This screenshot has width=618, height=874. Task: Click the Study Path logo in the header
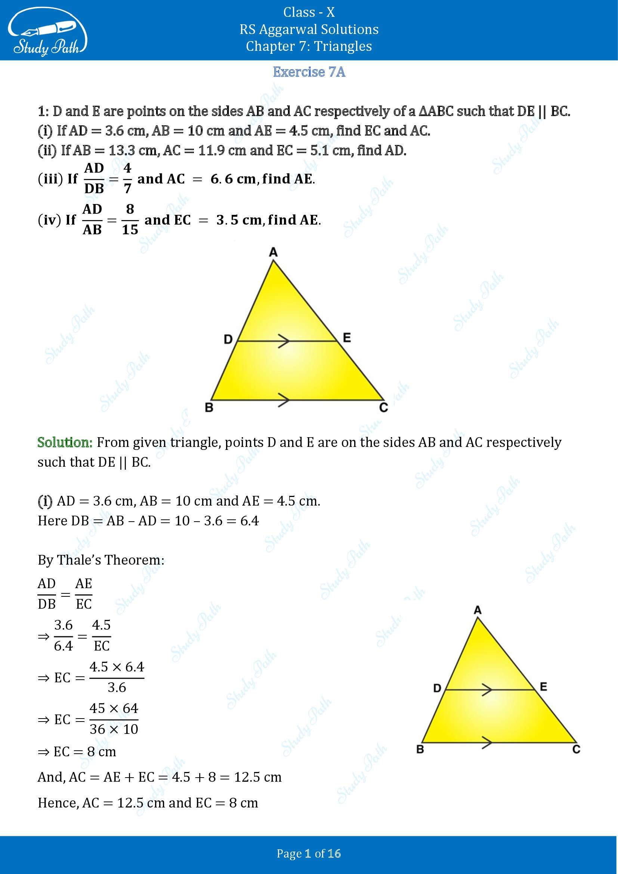[47, 34]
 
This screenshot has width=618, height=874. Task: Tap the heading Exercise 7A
[309, 72]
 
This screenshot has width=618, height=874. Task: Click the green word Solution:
[65, 442]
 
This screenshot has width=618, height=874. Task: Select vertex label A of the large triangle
[273, 252]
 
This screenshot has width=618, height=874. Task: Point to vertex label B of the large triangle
[209, 408]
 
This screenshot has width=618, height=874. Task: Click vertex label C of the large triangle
[383, 408]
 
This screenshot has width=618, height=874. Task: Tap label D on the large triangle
[228, 339]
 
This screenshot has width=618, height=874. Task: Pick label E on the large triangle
[347, 338]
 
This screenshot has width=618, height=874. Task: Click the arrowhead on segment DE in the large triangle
[283, 341]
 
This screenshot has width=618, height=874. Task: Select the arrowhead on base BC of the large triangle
[284, 400]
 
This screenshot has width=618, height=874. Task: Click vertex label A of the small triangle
[478, 610]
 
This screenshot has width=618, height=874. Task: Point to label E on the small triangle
[543, 687]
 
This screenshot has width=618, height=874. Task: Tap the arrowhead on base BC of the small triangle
[487, 742]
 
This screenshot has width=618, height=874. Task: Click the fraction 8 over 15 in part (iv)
[130, 220]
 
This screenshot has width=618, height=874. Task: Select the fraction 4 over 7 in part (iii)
[127, 178]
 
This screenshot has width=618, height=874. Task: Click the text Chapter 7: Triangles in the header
[309, 46]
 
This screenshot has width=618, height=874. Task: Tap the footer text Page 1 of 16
[309, 853]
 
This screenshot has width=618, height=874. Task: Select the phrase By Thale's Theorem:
[101, 560]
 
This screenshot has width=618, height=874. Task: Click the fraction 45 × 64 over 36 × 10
[114, 719]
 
